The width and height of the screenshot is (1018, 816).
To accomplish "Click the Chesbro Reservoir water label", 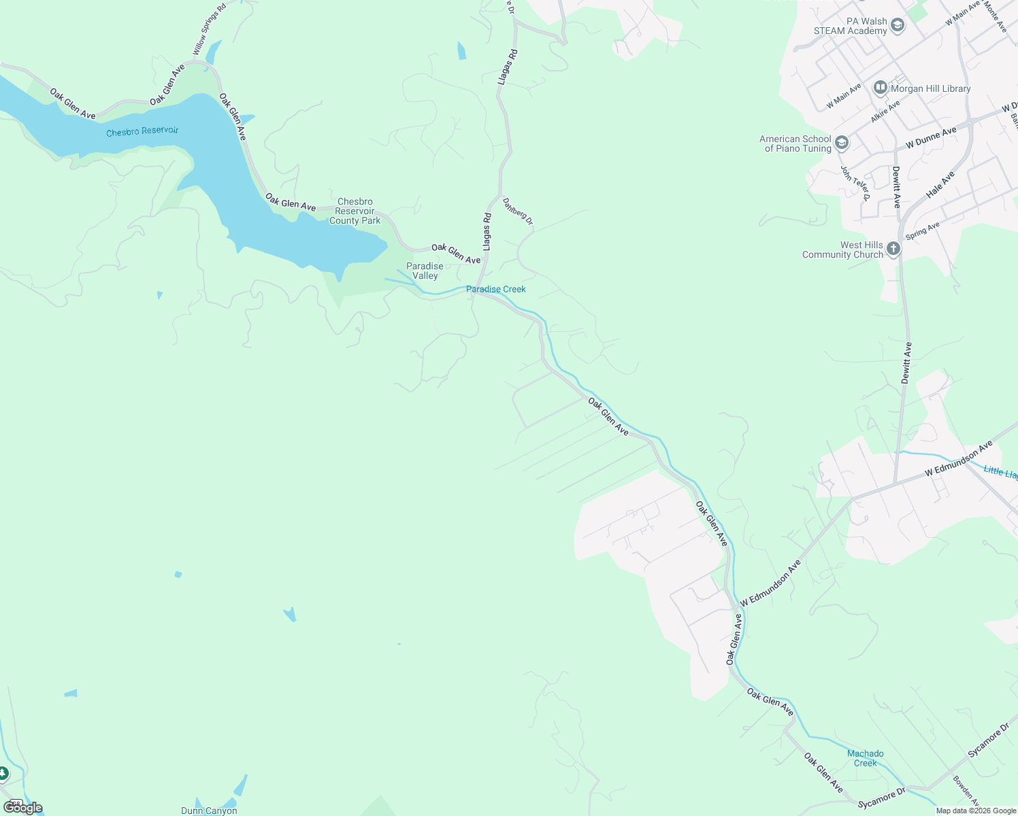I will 142,131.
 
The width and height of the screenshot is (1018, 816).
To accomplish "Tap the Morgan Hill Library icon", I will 881,88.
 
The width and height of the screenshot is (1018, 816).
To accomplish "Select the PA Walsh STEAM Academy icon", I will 898,26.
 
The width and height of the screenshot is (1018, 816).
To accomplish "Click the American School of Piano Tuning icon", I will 842,143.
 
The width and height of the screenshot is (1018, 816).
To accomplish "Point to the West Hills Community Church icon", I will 893,249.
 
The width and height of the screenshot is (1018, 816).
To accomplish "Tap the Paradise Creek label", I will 495,289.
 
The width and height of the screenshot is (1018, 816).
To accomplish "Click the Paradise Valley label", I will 425,271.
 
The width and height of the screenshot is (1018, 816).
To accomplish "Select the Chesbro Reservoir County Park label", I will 355,211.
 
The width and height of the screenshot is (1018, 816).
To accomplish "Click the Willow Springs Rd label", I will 209,30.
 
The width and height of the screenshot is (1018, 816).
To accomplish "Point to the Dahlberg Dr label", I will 518,211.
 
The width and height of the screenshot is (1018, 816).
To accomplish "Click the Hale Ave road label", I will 940,184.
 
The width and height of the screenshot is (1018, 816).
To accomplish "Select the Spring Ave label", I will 922,231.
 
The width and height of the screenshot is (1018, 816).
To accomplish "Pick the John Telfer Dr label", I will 855,184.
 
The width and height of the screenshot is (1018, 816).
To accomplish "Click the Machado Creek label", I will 865,758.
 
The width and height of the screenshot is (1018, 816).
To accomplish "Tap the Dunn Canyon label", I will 209,811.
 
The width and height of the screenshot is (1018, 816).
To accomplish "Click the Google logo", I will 23,807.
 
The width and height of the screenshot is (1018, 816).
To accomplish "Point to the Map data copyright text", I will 976,811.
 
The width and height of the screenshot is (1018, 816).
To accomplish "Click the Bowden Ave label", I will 966,791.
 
